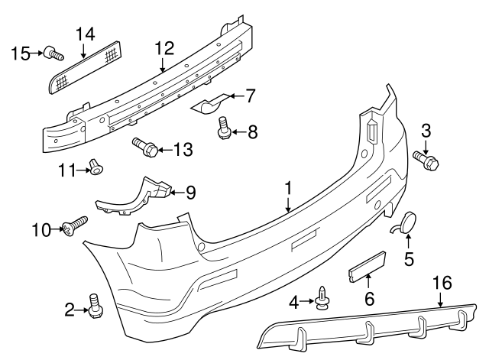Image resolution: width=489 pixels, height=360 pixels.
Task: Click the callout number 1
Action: tap(289, 186)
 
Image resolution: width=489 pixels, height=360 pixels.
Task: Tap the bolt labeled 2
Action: tap(95, 306)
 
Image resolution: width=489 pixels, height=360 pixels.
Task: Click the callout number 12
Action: tap(161, 48)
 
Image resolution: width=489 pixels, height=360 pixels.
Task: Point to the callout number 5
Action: tap(408, 260)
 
